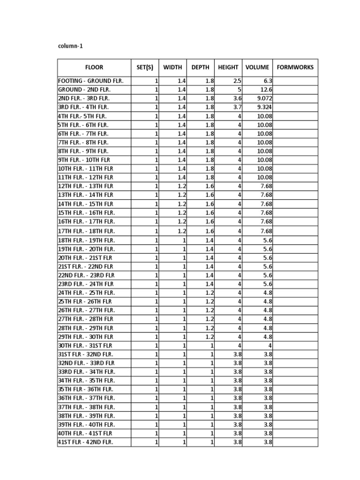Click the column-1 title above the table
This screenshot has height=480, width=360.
pos(70,46)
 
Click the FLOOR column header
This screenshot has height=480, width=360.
pos(94,67)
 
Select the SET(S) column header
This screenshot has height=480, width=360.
pos(145,67)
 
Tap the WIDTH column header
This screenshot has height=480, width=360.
pos(172,67)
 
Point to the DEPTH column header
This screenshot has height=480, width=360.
pos(200,67)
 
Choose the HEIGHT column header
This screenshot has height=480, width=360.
pos(228,67)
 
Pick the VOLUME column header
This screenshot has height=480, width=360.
pos(257,67)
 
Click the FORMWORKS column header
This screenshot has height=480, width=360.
pos(295,67)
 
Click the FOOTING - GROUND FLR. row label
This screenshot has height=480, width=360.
pos(90,81)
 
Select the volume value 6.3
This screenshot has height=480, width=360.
pos(268,81)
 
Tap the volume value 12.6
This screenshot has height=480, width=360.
pos(266,90)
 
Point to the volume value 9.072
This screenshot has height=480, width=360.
pos(264,98)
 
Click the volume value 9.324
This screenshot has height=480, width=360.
pos(264,107)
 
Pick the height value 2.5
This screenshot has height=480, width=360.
pos(238,81)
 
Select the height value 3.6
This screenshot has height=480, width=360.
pos(238,98)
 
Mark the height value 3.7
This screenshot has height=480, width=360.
pos(238,107)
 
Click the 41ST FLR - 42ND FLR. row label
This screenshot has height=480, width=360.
pos(85,442)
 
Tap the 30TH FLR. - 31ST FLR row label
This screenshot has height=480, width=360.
pos(85,345)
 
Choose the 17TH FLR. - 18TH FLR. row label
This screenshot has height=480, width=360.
pos(86,231)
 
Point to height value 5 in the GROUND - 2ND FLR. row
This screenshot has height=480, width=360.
pos(240,90)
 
